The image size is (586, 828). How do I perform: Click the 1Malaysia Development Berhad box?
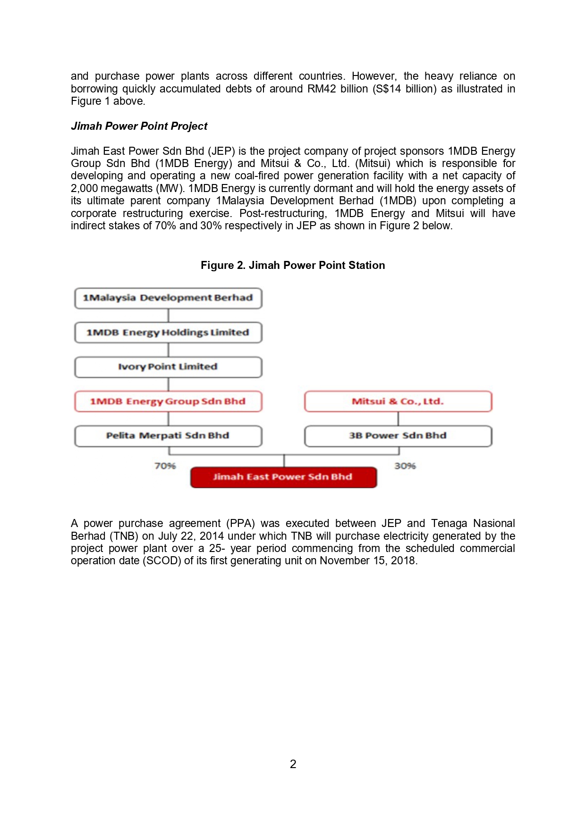pyautogui.click(x=168, y=298)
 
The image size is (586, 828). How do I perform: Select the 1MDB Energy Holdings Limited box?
pyautogui.click(x=168, y=333)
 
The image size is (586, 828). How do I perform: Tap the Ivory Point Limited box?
pyautogui.click(x=168, y=367)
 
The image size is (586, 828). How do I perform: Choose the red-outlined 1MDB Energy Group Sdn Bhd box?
pyautogui.click(x=168, y=401)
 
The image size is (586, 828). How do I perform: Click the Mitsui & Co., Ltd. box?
pyautogui.click(x=398, y=401)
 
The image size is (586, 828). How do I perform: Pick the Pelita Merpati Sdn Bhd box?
pyautogui.click(x=168, y=436)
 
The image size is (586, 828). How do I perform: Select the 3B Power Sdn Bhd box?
pyautogui.click(x=398, y=436)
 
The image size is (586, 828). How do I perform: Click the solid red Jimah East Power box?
pyautogui.click(x=283, y=477)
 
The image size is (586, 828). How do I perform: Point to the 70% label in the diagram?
pyautogui.click(x=165, y=466)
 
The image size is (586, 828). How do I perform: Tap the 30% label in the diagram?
pyautogui.click(x=405, y=466)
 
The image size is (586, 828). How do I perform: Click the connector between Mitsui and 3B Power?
pyautogui.click(x=398, y=419)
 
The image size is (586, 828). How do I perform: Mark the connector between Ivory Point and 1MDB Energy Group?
pyautogui.click(x=169, y=385)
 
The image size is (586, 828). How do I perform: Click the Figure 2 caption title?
pyautogui.click(x=293, y=265)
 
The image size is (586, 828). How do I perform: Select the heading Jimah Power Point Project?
pyautogui.click(x=139, y=126)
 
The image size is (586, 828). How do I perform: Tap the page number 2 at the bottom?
pyautogui.click(x=293, y=764)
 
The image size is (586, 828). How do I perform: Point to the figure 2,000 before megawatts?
pyautogui.click(x=85, y=188)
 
